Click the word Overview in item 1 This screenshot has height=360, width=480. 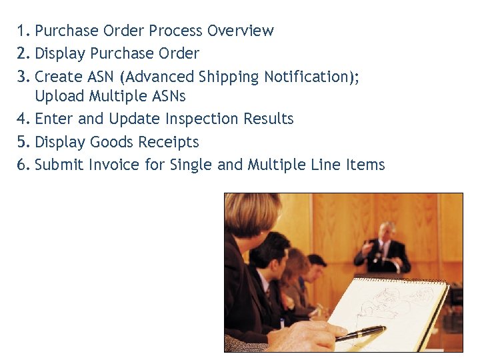click(x=240, y=31)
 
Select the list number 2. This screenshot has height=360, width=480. click(x=25, y=53)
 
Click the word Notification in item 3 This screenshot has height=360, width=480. click(x=306, y=77)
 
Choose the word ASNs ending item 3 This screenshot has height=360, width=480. click(x=167, y=96)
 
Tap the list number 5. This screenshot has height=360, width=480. click(x=25, y=142)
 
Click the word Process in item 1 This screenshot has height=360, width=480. click(x=176, y=31)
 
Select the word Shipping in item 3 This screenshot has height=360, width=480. click(x=225, y=77)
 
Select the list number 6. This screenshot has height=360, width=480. click(x=25, y=165)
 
